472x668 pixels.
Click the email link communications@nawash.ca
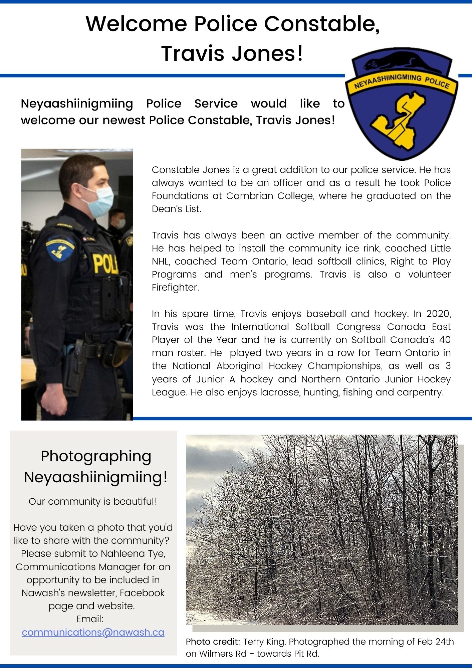(93, 632)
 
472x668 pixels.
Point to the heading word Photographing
(96, 456)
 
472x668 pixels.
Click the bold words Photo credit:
(213, 642)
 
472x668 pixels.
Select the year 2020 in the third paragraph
(438, 314)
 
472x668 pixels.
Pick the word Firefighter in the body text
(175, 287)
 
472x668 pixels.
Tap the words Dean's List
(176, 209)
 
